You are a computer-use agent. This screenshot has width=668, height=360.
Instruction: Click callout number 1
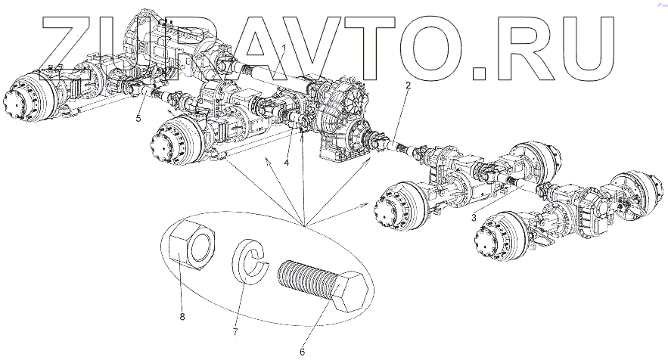click(283, 49)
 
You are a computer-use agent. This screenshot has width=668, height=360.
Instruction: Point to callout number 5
click(138, 118)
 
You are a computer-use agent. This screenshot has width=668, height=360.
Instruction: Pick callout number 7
click(235, 332)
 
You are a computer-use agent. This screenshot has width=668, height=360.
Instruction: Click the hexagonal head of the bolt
click(353, 294)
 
